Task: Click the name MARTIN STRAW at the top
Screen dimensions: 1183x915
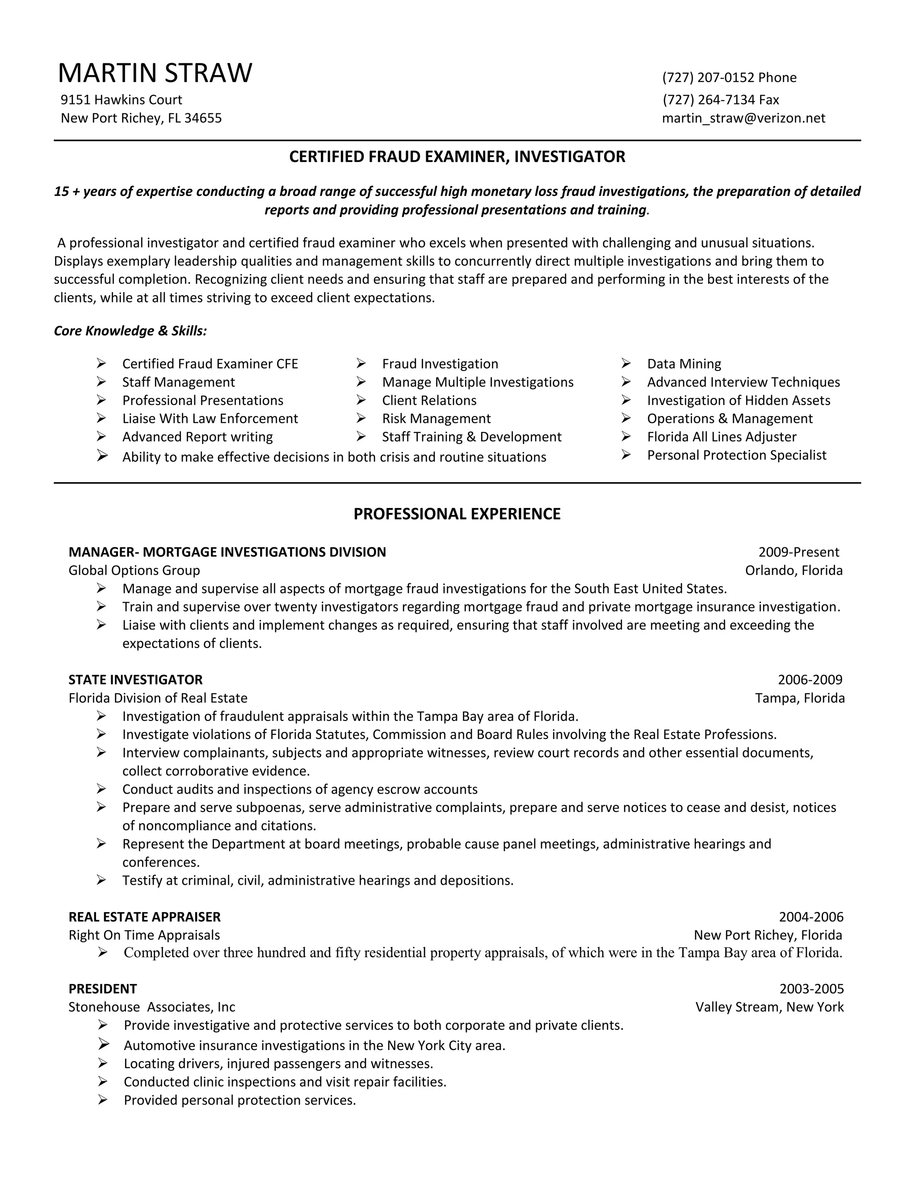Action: click(155, 73)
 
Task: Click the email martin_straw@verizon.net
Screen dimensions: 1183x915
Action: click(743, 118)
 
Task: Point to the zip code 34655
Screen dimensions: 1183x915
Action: click(203, 118)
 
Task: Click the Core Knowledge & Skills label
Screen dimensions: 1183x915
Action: click(130, 331)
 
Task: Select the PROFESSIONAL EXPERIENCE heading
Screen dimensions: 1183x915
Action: click(457, 513)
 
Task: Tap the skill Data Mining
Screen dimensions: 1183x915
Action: click(684, 364)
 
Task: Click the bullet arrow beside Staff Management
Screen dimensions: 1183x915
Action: click(101, 382)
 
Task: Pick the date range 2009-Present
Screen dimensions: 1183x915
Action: click(798, 552)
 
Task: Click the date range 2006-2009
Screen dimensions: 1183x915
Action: click(810, 680)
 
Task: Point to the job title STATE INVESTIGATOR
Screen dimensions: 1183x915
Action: click(135, 680)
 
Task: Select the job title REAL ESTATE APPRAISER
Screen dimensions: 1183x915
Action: click(144, 917)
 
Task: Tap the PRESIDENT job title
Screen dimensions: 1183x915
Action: click(102, 989)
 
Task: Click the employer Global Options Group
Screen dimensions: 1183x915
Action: click(134, 571)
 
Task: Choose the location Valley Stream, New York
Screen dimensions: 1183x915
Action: click(769, 1007)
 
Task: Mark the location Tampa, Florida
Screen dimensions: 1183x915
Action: click(800, 698)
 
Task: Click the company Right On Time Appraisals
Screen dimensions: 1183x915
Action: click(144, 935)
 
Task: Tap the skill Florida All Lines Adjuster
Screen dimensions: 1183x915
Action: click(722, 437)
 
